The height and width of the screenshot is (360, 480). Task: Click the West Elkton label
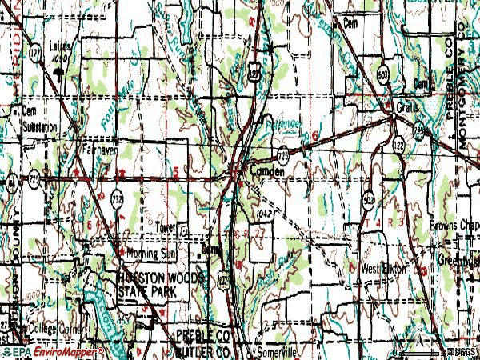coord(384,268)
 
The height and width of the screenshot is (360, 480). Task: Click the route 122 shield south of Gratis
coord(398,146)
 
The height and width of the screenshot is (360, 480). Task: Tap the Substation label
coord(40,127)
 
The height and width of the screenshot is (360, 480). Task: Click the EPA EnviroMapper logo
coord(52,351)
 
